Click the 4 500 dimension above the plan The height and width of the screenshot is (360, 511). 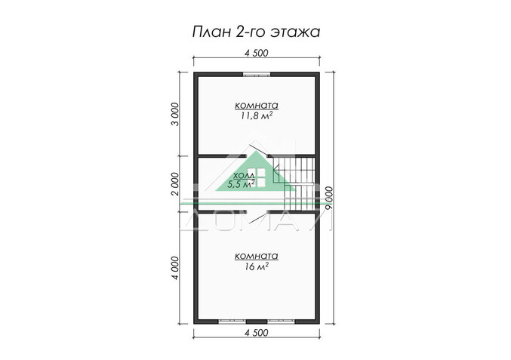pos(257,53)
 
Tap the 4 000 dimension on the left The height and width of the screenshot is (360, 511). pos(175,268)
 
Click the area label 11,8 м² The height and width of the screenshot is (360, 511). pos(257,116)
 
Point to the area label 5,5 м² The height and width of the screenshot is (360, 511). pos(243,184)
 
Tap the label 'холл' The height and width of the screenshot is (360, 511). pos(244,174)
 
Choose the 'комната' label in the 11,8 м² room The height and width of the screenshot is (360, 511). pos(257,105)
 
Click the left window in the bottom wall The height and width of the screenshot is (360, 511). pos(229,320)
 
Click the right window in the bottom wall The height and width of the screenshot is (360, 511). pos(280,320)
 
